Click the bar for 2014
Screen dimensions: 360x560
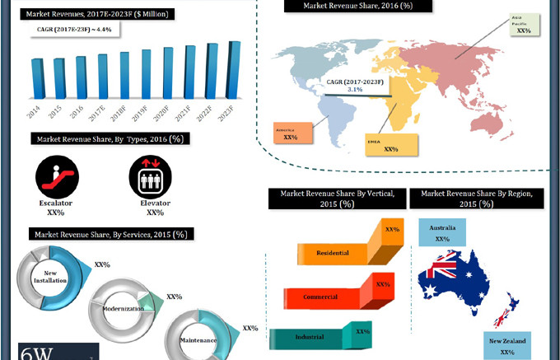37,78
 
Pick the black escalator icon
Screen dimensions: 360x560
56,176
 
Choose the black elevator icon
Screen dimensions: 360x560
149,176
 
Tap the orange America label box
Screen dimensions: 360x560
292,133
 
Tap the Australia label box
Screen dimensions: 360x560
442,232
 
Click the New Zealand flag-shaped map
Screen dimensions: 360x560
505,307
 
